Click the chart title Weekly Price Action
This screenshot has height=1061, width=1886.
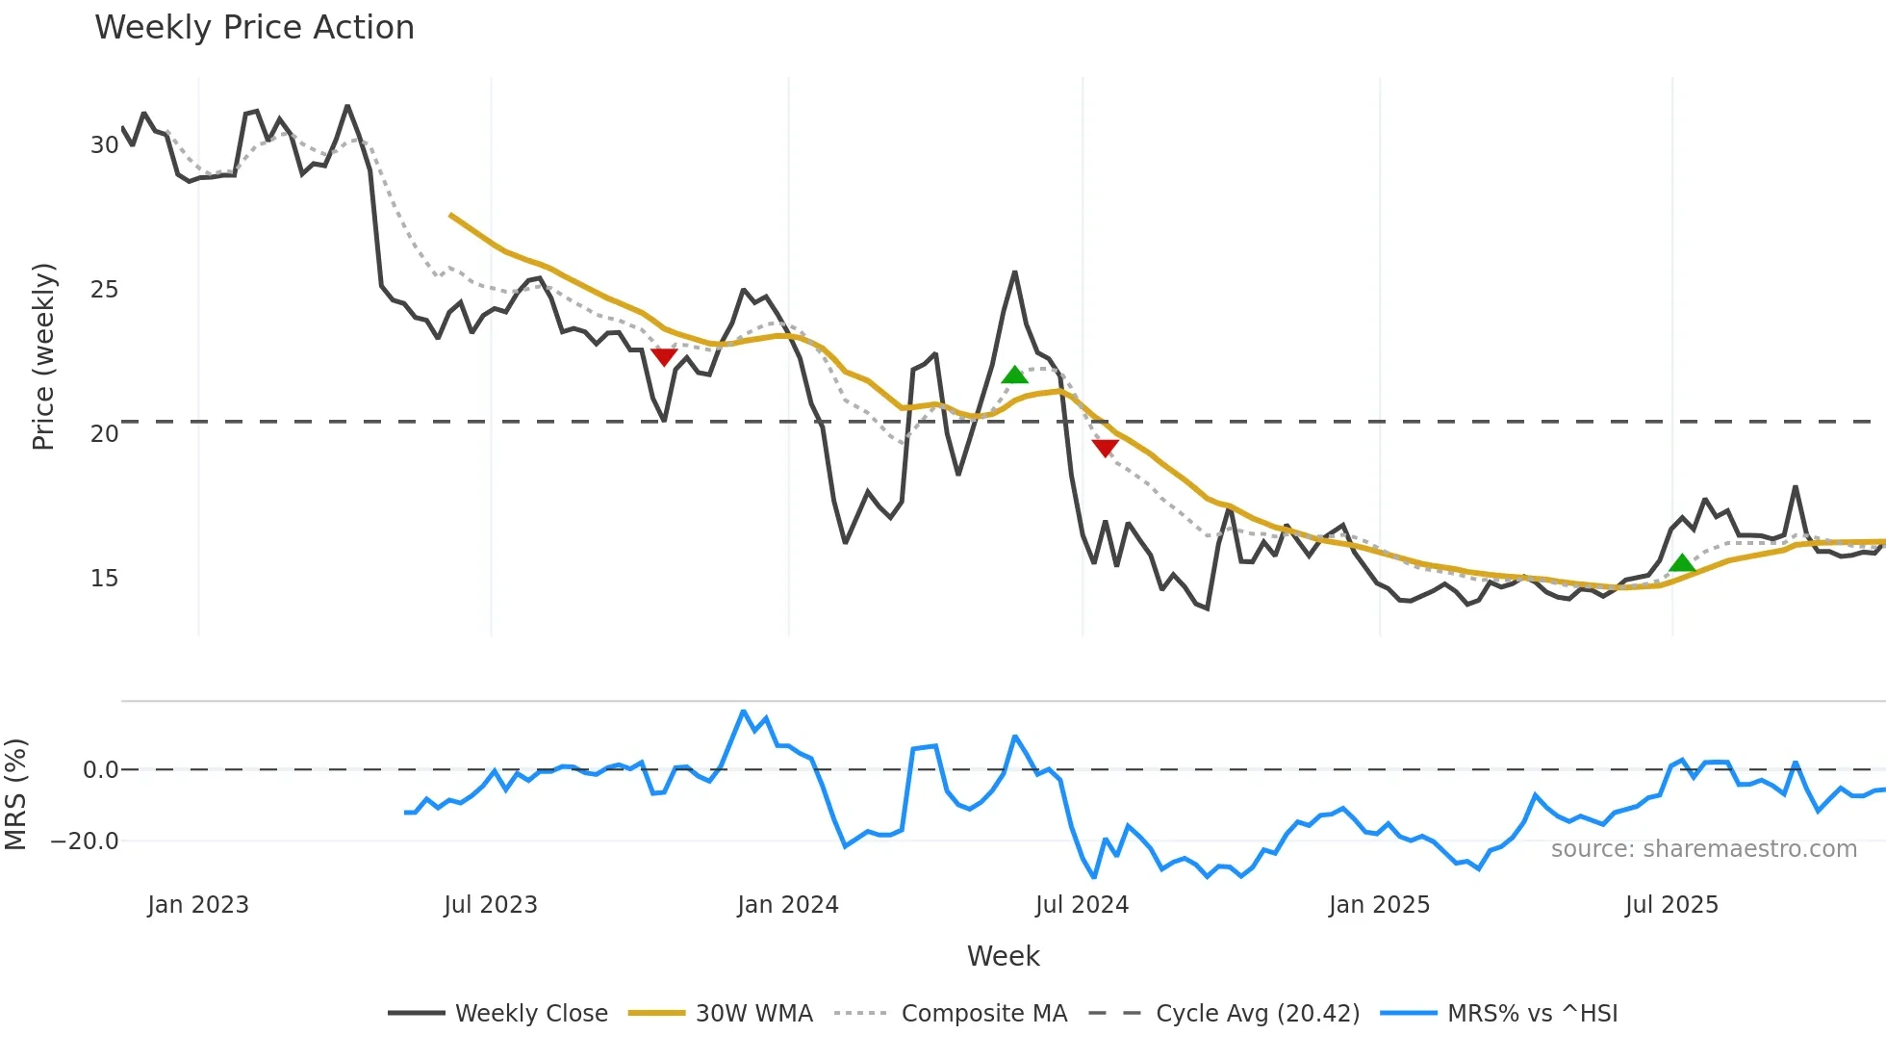254,28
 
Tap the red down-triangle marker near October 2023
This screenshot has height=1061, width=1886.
664,357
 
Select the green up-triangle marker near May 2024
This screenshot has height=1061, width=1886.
1014,375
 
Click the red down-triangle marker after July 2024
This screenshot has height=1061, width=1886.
1105,448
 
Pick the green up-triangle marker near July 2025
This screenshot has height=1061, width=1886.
1681,563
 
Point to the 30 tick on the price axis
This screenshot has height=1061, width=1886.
104,145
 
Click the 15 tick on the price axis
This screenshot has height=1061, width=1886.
104,579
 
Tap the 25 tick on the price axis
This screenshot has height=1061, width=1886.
104,290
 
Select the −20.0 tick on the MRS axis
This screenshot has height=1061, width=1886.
85,841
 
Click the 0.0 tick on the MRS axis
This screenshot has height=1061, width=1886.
100,770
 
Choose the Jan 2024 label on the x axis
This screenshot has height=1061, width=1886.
788,905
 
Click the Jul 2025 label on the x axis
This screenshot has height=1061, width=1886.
1671,905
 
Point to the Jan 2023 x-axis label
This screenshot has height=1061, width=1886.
198,905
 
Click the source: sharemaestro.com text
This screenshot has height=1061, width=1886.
1703,849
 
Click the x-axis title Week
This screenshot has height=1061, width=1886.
1003,956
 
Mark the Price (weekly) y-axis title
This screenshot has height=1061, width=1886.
44,356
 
